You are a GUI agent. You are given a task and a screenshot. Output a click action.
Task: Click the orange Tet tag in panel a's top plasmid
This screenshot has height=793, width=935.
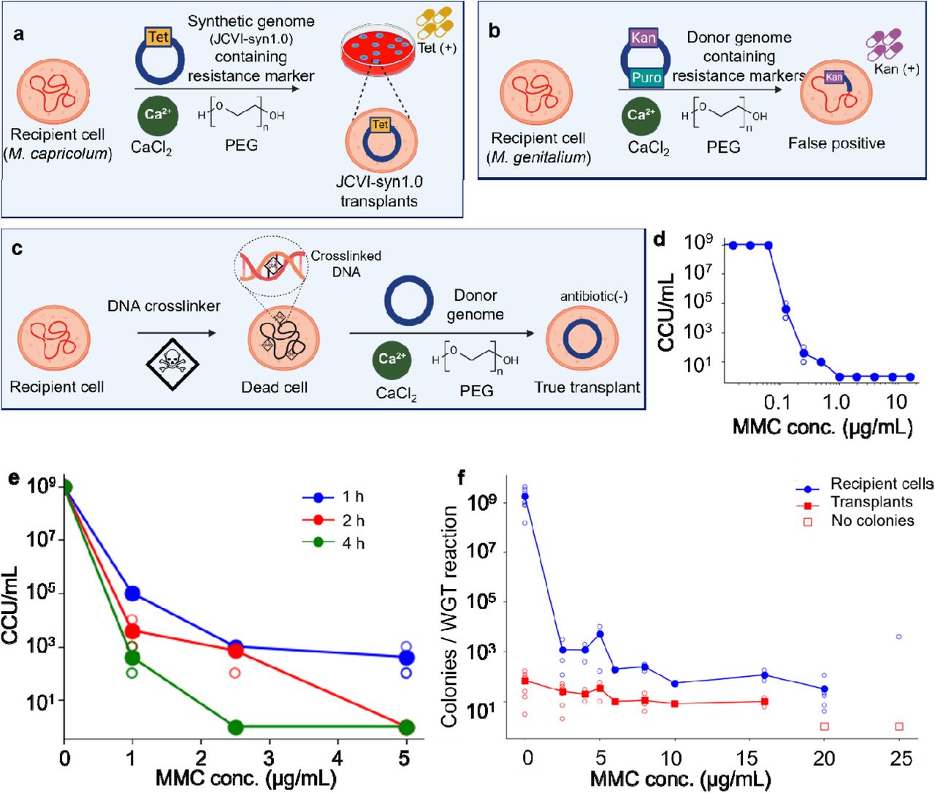point(159,37)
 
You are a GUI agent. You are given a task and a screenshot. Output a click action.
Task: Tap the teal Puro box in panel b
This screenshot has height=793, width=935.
point(646,77)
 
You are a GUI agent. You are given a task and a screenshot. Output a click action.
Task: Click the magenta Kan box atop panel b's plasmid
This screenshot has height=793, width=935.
point(643,37)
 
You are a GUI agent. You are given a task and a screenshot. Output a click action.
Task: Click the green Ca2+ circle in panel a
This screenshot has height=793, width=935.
point(157,115)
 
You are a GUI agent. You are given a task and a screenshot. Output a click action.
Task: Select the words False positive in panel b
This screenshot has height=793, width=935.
point(836,143)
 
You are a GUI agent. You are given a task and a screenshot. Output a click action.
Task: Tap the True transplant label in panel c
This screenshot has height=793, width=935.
point(587,387)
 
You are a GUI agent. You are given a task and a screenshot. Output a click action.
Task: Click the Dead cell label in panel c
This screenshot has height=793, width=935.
point(275,387)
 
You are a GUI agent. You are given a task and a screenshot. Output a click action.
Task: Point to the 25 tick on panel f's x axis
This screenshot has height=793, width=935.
point(901,758)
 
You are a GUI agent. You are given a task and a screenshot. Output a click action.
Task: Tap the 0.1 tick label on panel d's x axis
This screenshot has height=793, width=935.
point(776,402)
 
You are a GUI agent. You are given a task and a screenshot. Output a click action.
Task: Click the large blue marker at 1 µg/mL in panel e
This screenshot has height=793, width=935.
point(132,593)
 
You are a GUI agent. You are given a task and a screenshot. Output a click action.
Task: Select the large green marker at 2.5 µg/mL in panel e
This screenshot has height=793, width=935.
point(235,727)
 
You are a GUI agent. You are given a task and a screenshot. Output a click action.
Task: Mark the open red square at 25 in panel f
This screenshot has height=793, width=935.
point(899,726)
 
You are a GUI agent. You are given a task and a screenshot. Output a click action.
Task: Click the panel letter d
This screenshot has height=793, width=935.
point(660,240)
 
